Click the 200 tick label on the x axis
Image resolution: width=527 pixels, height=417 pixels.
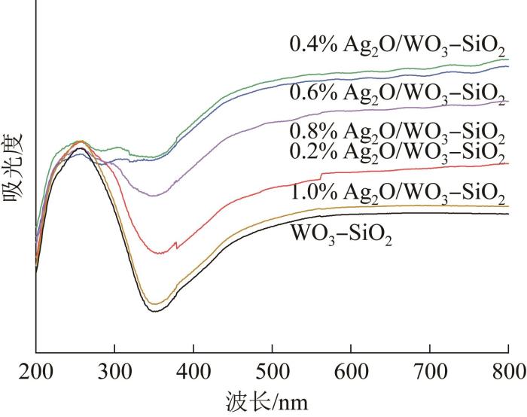click(36, 368)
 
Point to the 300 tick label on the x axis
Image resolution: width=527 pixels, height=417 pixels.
click(114, 368)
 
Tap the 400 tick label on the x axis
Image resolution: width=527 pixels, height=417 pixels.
click(193, 368)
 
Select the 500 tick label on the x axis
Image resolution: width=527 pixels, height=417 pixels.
click(273, 368)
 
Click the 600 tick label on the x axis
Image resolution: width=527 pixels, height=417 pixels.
click(351, 368)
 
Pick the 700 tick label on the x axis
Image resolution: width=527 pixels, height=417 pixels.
click(430, 368)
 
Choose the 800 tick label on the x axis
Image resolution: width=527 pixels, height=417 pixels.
click(508, 368)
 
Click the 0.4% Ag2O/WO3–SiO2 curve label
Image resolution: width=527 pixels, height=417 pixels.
click(397, 45)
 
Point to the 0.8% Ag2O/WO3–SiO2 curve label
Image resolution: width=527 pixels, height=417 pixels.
click(397, 130)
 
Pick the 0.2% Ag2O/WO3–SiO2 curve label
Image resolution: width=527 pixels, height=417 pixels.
click(397, 150)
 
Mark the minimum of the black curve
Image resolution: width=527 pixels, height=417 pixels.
click(155, 310)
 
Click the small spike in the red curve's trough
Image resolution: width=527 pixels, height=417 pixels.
click(176, 243)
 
